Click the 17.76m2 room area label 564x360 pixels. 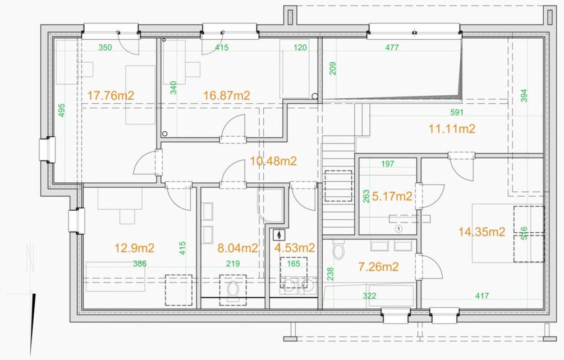[111, 95]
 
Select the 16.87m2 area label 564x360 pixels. [227, 95]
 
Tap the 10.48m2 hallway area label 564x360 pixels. [273, 161]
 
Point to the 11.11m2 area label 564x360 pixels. [452, 128]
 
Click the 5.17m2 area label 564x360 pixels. [392, 196]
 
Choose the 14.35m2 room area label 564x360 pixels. [482, 232]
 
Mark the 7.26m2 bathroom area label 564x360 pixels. [378, 266]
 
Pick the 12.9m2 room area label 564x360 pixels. [135, 248]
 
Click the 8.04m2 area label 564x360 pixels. [238, 248]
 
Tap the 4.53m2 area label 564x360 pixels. [295, 247]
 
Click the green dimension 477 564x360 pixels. [392, 48]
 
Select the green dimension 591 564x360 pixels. [457, 113]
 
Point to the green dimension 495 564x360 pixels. [62, 110]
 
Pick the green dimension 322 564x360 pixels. [369, 296]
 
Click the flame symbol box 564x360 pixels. [279, 234]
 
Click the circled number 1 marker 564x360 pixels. [398, 228]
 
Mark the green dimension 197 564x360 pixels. [387, 164]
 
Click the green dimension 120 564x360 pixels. [300, 48]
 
